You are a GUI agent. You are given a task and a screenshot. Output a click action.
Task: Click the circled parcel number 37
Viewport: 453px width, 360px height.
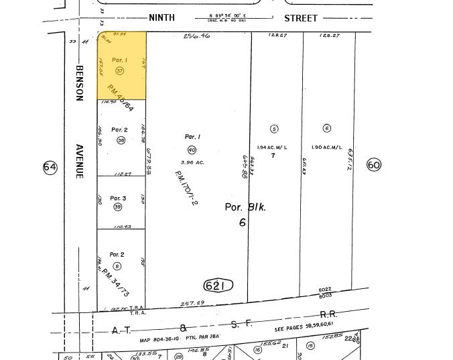pos(120,70)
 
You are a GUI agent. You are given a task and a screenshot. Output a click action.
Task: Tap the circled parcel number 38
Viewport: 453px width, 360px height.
pos(121,140)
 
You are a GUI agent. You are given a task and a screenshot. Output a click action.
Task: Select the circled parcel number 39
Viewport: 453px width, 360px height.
pos(118,207)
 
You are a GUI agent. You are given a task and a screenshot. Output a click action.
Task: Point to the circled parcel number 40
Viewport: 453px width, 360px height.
pos(192,150)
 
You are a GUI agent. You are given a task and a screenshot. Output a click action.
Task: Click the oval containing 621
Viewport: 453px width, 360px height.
pos(218,286)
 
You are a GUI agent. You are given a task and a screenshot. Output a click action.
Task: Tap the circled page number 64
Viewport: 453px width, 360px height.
pos(50,167)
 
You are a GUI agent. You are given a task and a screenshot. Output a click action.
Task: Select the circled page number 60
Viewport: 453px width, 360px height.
pos(374,164)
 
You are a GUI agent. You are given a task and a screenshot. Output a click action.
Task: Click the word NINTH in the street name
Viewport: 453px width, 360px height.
pos(161,18)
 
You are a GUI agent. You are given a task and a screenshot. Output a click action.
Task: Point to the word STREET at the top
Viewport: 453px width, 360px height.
pos(300,18)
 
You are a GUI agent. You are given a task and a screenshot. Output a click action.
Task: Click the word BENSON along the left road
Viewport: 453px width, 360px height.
pos(79,83)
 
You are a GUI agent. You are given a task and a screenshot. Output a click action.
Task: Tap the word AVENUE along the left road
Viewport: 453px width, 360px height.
pos(79,161)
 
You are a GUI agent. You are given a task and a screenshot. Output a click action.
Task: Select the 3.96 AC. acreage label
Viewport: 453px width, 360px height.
pos(192,162)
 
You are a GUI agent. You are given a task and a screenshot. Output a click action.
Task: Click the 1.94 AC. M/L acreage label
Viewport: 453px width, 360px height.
pos(272,147)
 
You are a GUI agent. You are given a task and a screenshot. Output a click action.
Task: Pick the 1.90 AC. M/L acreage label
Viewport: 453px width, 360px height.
pos(327,147)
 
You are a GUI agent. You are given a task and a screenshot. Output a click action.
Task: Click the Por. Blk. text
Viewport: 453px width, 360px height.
pos(245,207)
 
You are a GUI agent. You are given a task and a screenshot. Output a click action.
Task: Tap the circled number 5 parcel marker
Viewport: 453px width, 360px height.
pos(273,129)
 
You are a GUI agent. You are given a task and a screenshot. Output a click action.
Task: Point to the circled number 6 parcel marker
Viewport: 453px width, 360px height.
pos(327,128)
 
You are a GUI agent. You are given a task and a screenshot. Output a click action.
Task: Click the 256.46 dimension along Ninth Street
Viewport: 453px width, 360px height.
pos(197,36)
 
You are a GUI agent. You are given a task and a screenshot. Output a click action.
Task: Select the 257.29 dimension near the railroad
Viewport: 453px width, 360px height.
pos(193,304)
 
